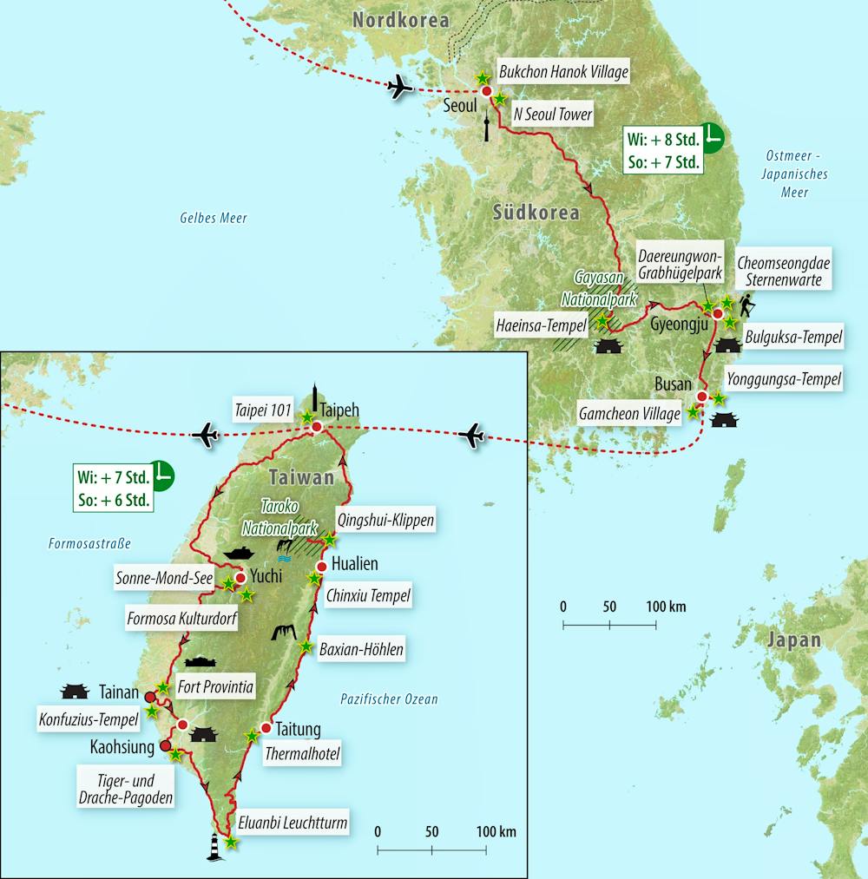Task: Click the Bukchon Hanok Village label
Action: coord(562,72)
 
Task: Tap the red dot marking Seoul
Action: coord(486,91)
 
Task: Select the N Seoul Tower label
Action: coord(553,114)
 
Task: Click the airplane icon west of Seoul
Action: coord(400,87)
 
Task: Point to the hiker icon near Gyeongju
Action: coord(746,305)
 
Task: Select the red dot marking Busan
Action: coord(702,397)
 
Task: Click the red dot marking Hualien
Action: coord(321,567)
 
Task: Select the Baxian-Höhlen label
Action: coord(361,647)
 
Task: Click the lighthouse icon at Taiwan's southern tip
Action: coord(215,846)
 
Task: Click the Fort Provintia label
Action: coord(214,687)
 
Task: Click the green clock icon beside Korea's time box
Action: coord(713,134)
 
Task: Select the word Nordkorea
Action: coord(400,19)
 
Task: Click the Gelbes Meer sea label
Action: coord(214,219)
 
